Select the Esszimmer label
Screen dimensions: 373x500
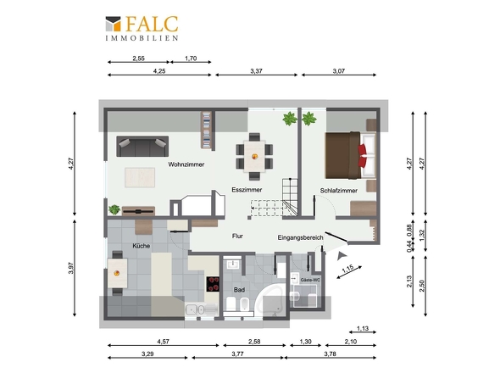247,191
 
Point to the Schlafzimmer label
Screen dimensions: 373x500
338,191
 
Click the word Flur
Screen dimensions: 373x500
238,237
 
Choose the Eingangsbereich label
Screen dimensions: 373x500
301,237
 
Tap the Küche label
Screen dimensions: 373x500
142,246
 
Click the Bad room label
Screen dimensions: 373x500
240,289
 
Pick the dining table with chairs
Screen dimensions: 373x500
255,151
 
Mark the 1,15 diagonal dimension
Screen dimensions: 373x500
347,270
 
